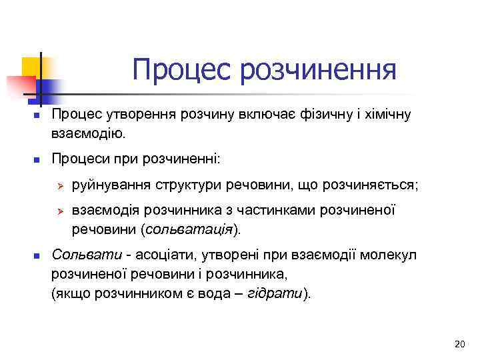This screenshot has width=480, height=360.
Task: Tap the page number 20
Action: point(459,344)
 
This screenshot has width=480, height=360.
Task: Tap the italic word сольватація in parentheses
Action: point(197,229)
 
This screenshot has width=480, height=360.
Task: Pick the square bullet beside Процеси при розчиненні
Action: point(38,160)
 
